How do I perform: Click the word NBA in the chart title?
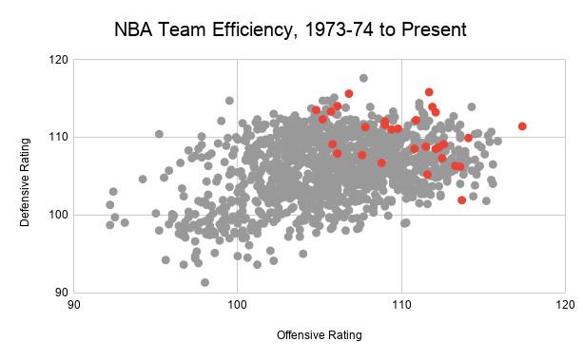(133, 29)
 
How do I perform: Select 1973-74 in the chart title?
(339, 29)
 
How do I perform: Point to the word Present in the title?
(434, 29)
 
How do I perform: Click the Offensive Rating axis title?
(319, 334)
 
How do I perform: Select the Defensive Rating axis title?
(25, 182)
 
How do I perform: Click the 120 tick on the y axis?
(58, 60)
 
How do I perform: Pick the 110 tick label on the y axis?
(58, 137)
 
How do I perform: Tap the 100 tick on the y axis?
(58, 215)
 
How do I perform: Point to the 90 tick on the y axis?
(62, 293)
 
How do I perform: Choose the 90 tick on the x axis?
(73, 305)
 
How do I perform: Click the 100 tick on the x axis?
(237, 305)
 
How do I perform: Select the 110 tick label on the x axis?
(401, 305)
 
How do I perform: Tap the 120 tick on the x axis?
(566, 305)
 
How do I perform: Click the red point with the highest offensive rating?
(522, 126)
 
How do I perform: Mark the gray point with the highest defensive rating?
(363, 78)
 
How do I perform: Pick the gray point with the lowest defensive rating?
(204, 282)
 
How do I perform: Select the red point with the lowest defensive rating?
(462, 200)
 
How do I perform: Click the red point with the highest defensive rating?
(429, 92)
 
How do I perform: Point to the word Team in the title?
(182, 29)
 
